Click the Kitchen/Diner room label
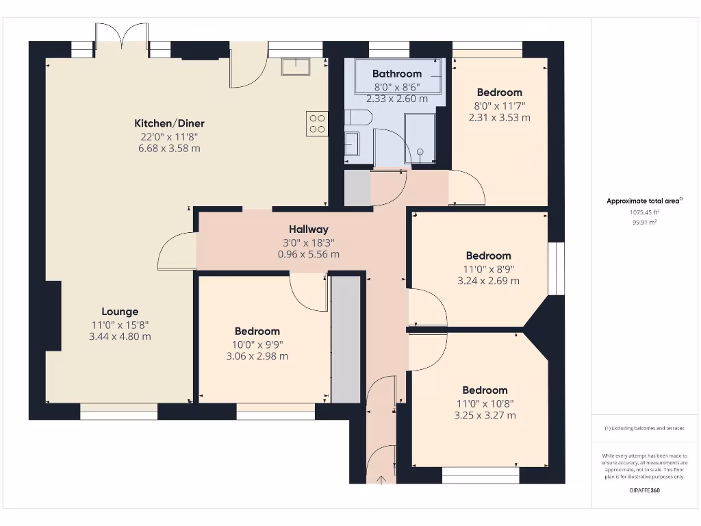170,123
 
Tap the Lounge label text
120,312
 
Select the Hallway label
309,229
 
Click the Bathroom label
397,74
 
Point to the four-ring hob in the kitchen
317,124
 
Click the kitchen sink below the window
296,67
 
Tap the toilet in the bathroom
358,118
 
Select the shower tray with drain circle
420,138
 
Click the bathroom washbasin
352,144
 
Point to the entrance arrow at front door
381,480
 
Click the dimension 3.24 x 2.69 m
488,281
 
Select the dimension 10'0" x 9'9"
257,345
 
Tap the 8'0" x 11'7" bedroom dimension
499,106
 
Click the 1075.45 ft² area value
644,213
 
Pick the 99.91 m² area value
644,223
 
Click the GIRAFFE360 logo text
644,490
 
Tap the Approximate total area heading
644,201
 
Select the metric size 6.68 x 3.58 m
170,149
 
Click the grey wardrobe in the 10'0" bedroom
346,340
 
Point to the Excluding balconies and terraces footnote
644,429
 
